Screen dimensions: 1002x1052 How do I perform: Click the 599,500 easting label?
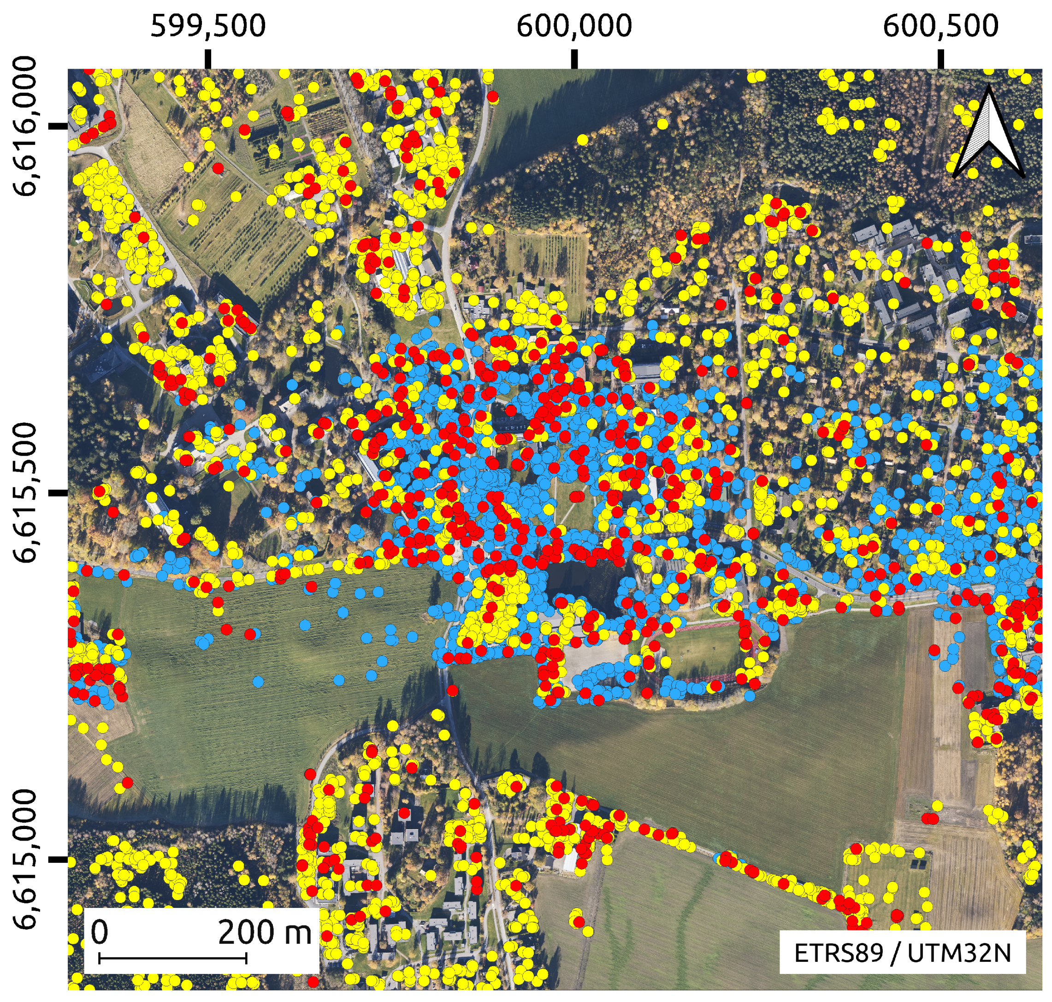tap(208, 26)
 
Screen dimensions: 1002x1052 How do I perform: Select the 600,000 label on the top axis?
tap(574, 26)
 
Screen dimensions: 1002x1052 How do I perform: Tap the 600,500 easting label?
tap(940, 26)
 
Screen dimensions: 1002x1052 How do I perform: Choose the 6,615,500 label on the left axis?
tap(26, 492)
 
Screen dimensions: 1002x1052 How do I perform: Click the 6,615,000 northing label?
tap(26, 859)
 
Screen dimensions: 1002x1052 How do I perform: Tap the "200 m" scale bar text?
tap(264, 932)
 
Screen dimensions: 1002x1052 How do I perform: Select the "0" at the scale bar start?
tap(99, 932)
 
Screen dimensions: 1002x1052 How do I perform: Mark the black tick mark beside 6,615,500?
tap(58, 492)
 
